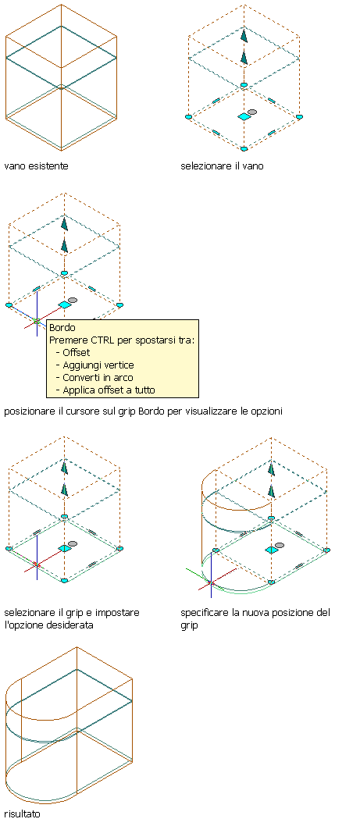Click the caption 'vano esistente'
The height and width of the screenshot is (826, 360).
(x=37, y=166)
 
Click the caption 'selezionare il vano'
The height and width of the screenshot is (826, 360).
(x=222, y=166)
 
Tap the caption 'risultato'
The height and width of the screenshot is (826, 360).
(x=22, y=814)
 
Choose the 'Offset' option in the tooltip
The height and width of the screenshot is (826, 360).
(x=76, y=352)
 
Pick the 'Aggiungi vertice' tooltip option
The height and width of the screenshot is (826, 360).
(x=98, y=365)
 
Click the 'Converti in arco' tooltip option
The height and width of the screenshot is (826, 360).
(x=98, y=378)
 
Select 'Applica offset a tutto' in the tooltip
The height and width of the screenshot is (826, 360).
(x=109, y=390)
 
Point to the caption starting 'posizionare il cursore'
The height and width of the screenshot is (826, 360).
(x=144, y=411)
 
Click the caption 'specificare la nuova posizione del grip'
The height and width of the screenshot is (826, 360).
(x=255, y=620)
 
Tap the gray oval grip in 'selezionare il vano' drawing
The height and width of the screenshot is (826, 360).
(x=252, y=112)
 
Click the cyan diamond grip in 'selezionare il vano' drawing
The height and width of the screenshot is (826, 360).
(x=244, y=116)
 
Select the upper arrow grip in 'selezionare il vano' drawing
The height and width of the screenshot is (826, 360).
(x=244, y=36)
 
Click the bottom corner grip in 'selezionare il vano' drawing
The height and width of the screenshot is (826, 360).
(x=244, y=149)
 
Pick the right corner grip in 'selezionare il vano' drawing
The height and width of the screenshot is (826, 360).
(x=299, y=116)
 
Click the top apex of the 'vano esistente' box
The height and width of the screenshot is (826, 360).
(x=61, y=5)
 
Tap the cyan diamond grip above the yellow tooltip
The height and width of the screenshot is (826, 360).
(x=64, y=304)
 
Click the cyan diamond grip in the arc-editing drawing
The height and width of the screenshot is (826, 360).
(x=272, y=550)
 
